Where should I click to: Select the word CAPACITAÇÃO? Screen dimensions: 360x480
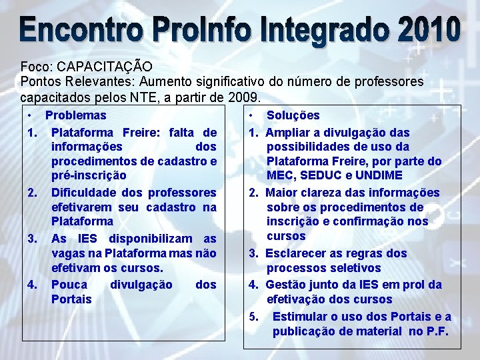coord(105,67)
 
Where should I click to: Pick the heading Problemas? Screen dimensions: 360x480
coord(75,115)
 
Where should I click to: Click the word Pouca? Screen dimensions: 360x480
coord(69,285)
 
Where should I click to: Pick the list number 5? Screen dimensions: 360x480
coord(253,317)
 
